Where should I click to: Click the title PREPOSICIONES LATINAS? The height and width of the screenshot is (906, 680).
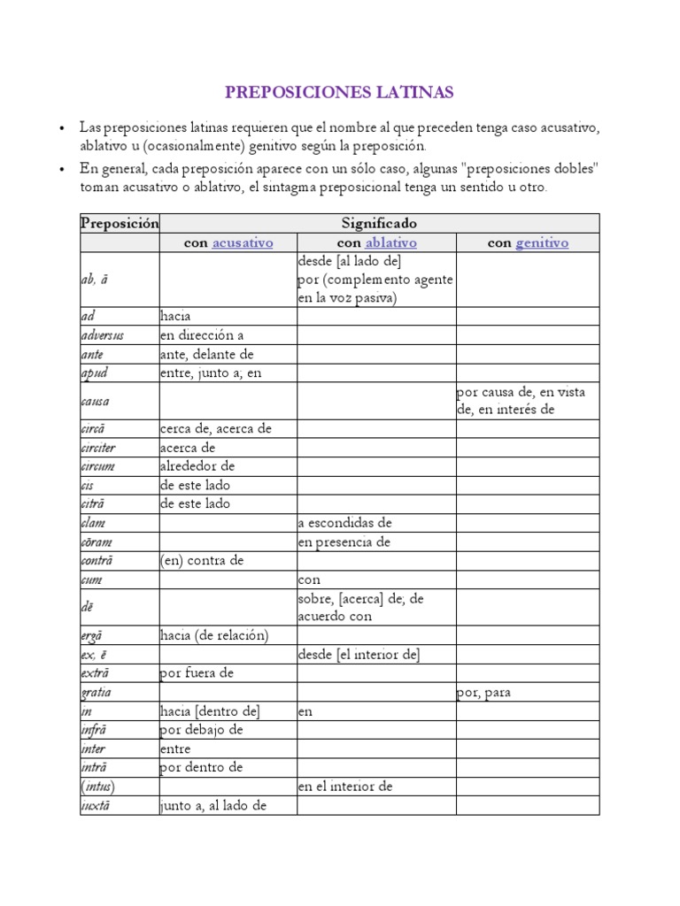pos(339,92)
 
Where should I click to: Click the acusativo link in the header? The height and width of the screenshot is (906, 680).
pos(242,242)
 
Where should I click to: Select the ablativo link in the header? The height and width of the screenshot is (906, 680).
pos(390,242)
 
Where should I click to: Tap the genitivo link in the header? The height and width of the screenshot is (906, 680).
pos(541,242)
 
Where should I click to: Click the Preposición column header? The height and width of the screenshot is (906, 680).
pos(120,223)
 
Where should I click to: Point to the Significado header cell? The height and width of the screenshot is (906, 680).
pos(379,223)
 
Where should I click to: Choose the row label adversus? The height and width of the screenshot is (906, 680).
pos(102,335)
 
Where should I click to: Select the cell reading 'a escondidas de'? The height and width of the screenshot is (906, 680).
pos(344,523)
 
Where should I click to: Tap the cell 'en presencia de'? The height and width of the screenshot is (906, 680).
pos(344,541)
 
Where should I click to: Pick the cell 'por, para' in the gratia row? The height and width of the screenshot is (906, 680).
pos(484,692)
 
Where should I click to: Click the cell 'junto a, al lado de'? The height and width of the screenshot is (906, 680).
pos(213,805)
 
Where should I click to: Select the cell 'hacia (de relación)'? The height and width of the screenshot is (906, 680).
pos(213,635)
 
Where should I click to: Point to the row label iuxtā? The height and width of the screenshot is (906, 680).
pos(97,805)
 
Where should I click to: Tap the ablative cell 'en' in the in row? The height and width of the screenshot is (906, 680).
pos(305,710)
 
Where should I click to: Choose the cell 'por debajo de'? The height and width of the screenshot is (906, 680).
pos(201,730)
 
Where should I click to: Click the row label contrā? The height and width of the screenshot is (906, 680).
pos(97,560)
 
